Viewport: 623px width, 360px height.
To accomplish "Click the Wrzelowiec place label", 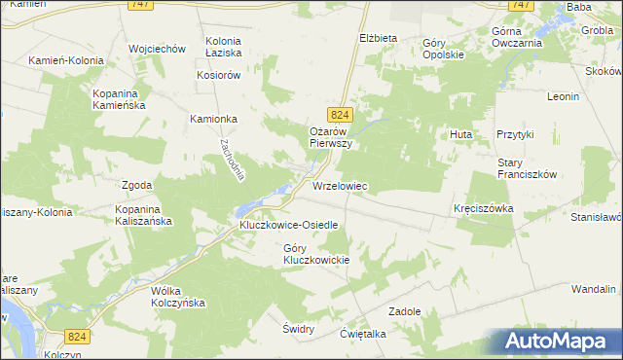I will coord(340,185).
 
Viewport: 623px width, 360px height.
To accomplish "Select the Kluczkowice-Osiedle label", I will coord(289,225).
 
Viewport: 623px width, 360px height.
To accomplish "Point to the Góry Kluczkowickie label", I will coord(315,254).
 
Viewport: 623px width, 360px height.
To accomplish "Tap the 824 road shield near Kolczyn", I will coord(79,336).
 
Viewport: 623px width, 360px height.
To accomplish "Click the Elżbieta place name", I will coord(379,38).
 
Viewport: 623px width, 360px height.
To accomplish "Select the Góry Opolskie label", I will coord(444,49).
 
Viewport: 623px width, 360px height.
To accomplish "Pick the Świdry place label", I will coord(298,329).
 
